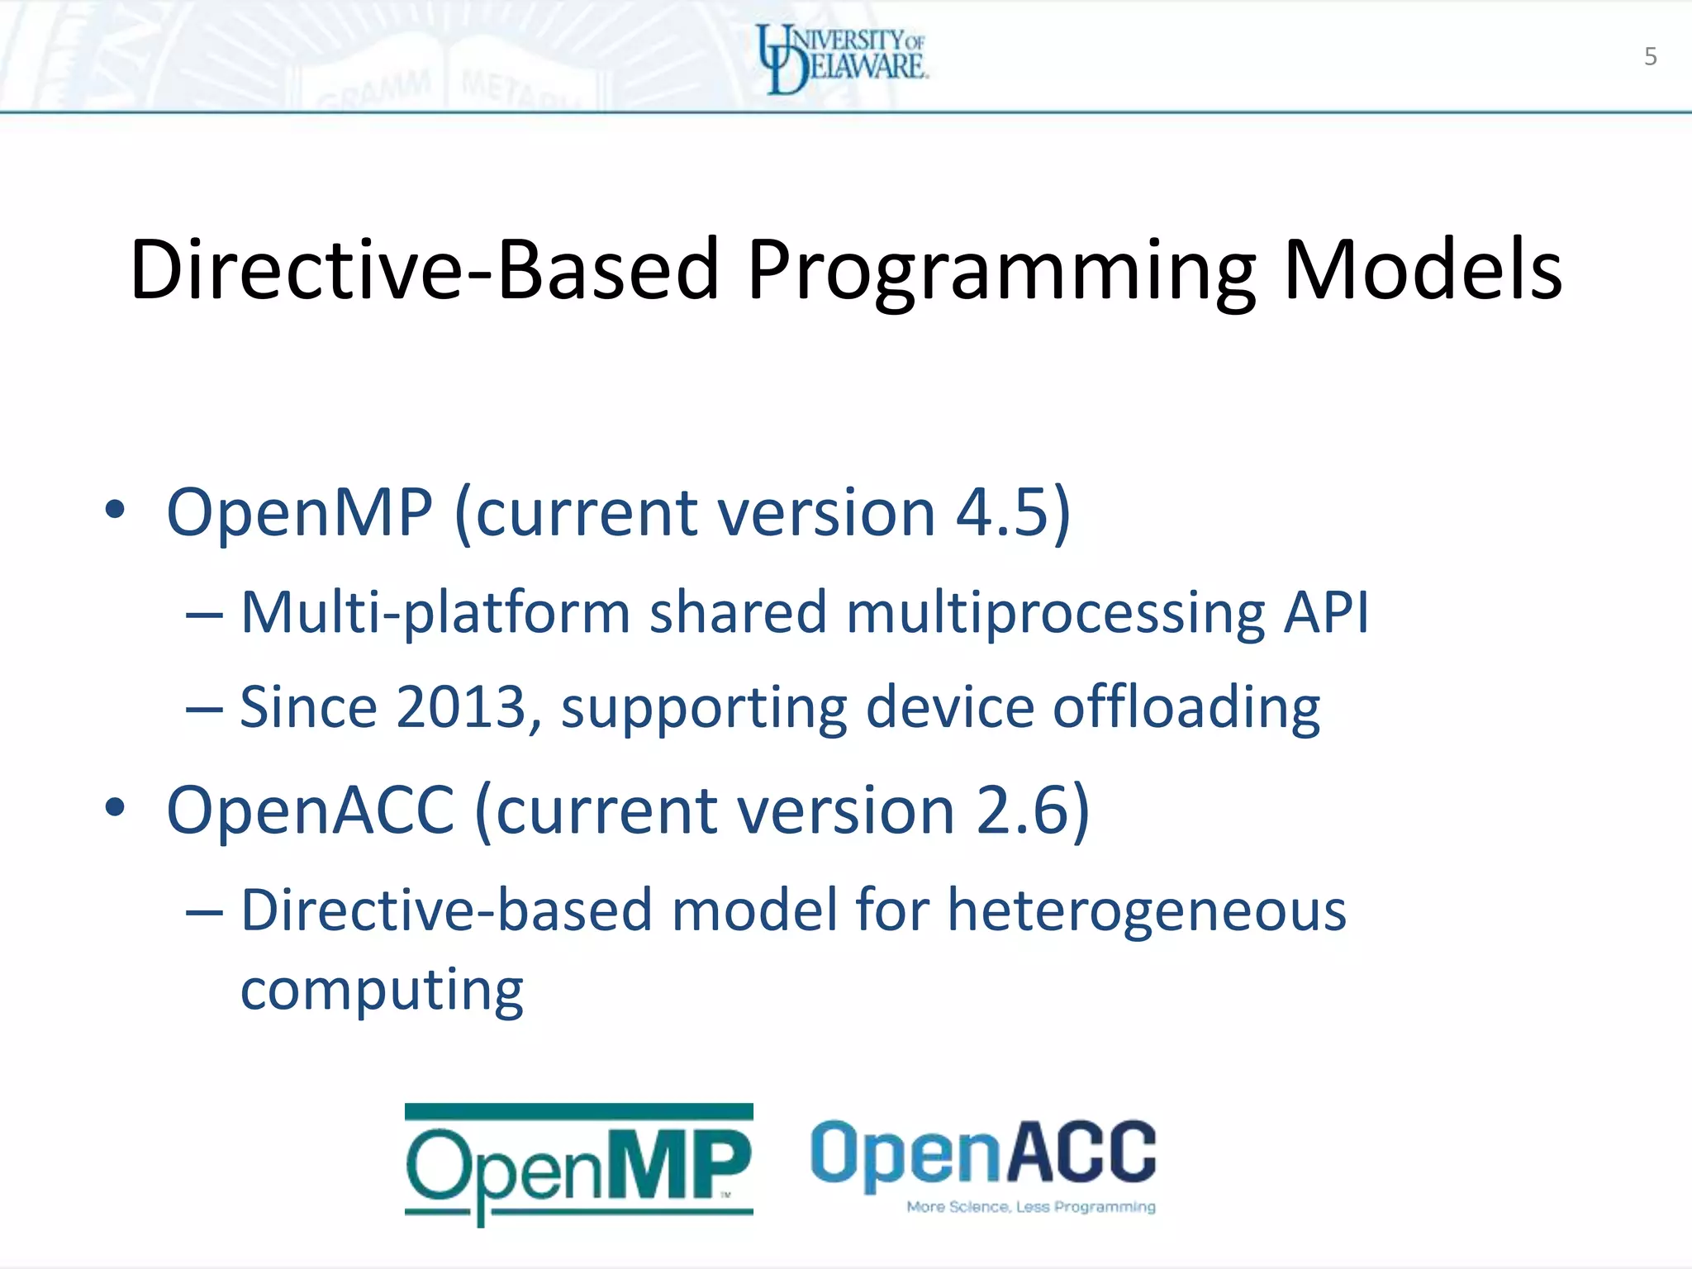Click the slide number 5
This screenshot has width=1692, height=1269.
click(x=1650, y=56)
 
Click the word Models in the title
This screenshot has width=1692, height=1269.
click(x=1422, y=270)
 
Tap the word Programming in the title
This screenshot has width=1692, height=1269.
click(x=1001, y=273)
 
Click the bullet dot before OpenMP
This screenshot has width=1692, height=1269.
click(x=115, y=511)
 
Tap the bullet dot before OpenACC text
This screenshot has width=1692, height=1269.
click(x=115, y=808)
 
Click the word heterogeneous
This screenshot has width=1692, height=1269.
click(x=1146, y=910)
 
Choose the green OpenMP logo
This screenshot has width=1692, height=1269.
click(x=578, y=1163)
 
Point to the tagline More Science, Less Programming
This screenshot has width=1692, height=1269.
click(x=1030, y=1207)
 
